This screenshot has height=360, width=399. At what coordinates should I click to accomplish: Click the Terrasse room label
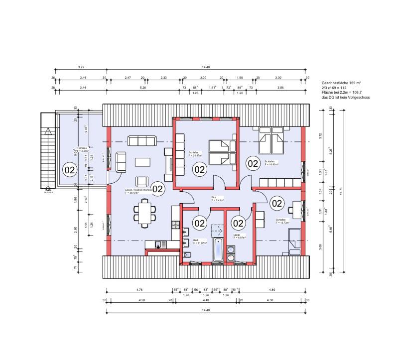click(82, 149)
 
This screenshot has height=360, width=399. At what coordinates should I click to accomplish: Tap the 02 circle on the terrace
click(69, 170)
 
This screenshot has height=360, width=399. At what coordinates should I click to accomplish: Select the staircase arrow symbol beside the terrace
click(47, 132)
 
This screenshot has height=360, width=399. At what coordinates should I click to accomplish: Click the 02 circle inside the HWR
click(238, 223)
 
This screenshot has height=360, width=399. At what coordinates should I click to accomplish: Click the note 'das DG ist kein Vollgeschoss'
click(346, 98)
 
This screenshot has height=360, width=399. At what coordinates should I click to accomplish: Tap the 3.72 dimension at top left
click(81, 67)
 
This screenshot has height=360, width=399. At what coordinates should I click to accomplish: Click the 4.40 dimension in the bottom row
click(206, 300)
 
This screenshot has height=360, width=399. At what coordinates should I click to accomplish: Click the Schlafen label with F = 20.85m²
click(195, 154)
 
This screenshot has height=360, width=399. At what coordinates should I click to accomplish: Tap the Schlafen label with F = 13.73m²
click(282, 222)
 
